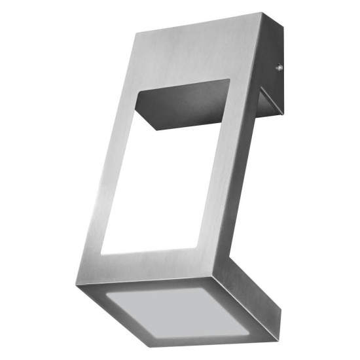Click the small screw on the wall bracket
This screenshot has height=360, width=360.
[x=279, y=66]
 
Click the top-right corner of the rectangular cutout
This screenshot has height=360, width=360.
[x=230, y=80]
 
